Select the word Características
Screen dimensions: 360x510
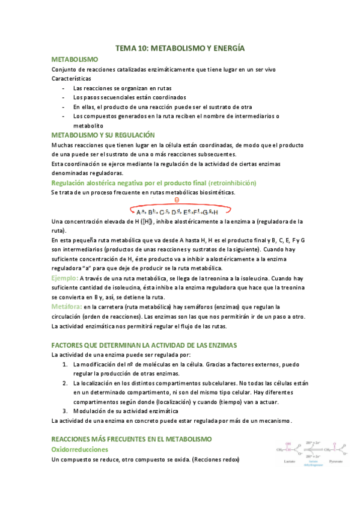point(72,79)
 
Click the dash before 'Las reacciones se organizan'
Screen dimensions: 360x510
point(64,88)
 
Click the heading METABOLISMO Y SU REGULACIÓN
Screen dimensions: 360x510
point(103,135)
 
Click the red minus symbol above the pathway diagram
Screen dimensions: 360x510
point(177,200)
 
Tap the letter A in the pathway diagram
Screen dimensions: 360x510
point(139,212)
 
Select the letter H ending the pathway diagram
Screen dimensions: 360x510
point(215,212)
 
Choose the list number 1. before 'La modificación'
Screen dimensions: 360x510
point(65,364)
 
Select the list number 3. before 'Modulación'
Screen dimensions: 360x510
point(65,411)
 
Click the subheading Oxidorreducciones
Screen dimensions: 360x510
point(79,449)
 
